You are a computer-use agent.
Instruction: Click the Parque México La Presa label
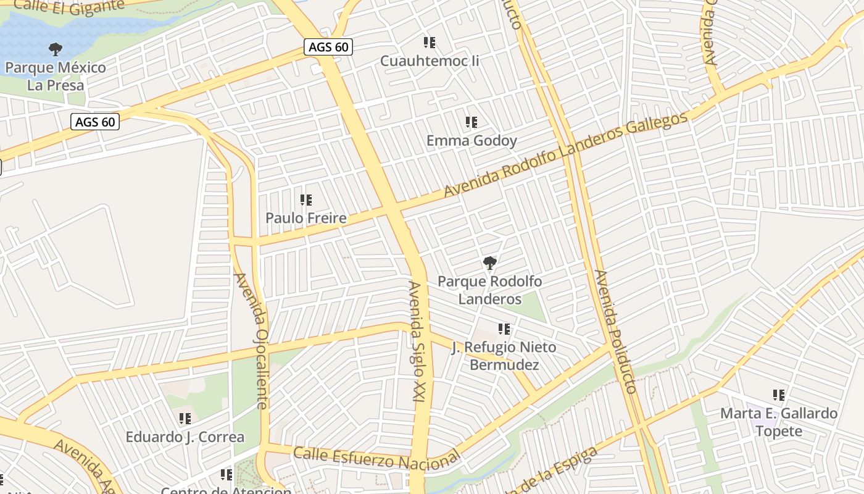56,76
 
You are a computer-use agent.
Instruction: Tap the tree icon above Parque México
56,49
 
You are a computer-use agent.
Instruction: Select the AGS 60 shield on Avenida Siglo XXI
328,47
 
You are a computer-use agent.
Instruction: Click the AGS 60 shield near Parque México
94,122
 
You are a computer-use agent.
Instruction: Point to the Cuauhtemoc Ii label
430,61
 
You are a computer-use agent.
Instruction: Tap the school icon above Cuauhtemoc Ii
430,43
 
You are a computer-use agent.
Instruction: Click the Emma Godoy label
471,141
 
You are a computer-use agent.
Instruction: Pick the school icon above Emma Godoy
471,122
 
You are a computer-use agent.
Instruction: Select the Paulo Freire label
305,218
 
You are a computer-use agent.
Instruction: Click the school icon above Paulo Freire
306,200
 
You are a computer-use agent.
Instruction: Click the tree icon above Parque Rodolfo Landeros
490,263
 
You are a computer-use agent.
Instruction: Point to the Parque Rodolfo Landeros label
490,290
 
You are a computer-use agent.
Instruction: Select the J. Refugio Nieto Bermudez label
504,356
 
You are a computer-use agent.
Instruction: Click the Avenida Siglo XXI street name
417,343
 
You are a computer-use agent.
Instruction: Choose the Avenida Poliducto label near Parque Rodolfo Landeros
615,332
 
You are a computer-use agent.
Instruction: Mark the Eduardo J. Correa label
185,437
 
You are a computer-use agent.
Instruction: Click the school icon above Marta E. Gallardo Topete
779,395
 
